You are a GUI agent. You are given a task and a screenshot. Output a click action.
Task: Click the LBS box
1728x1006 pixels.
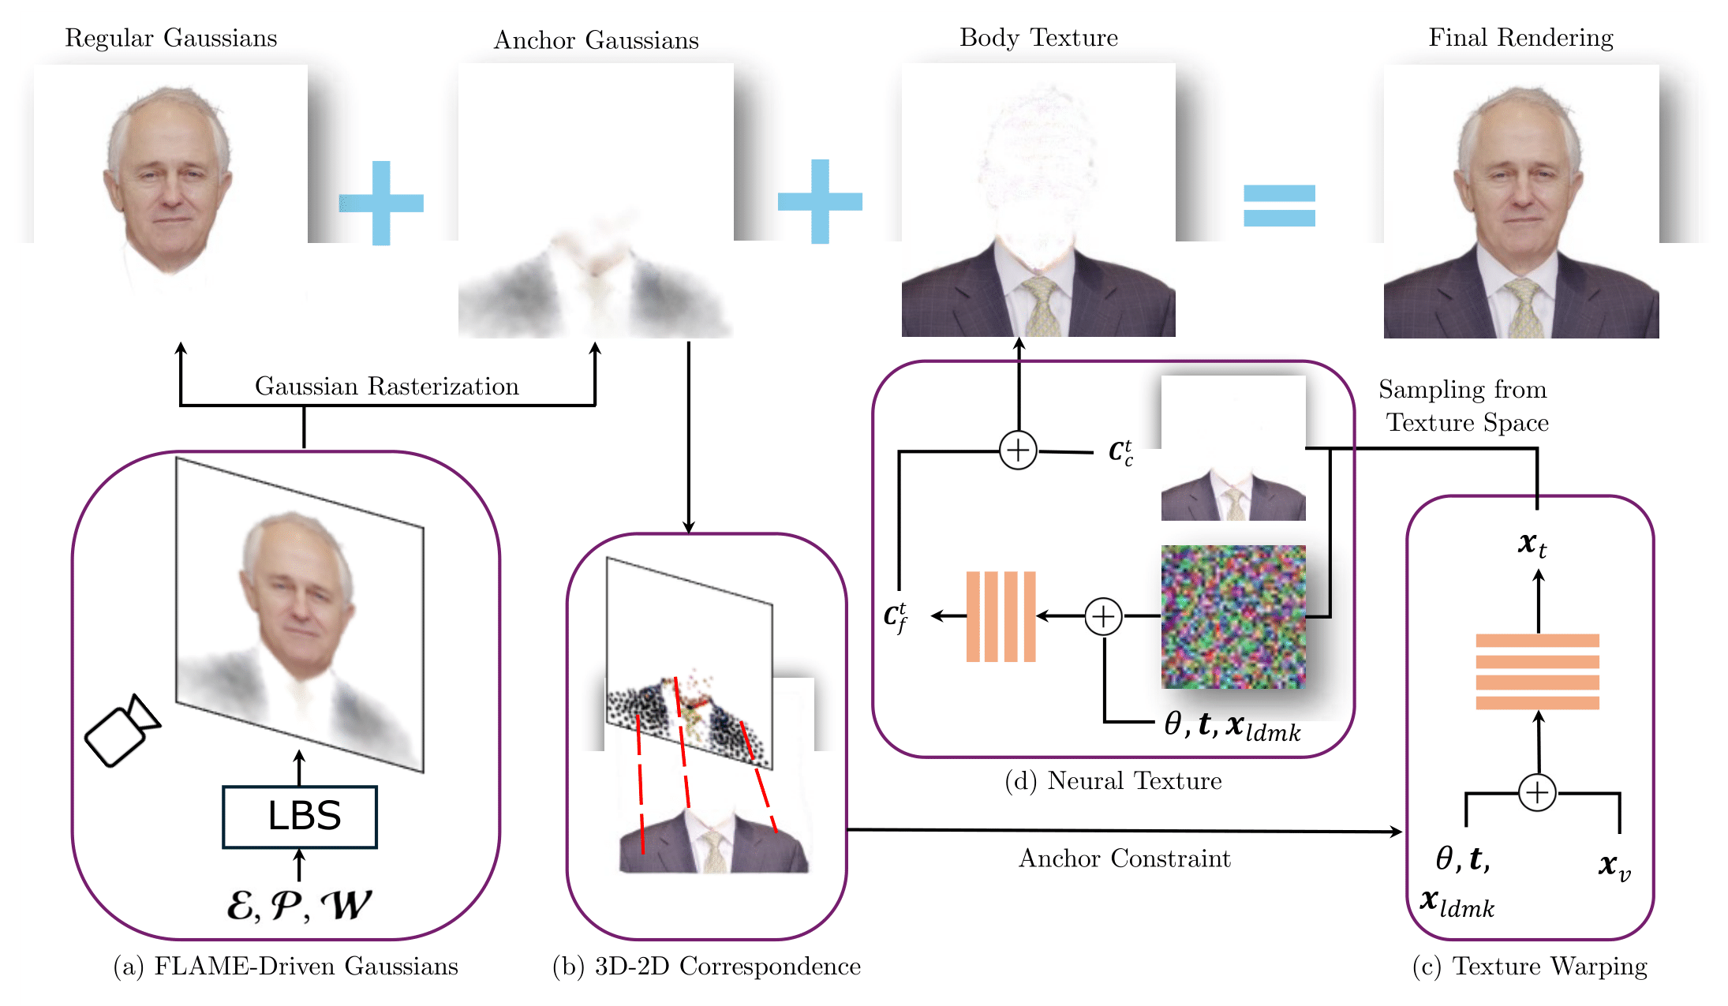click(x=300, y=817)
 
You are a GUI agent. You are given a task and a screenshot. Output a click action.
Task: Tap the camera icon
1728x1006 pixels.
click(x=122, y=731)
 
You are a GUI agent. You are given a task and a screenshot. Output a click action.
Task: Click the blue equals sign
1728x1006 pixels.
click(x=1279, y=205)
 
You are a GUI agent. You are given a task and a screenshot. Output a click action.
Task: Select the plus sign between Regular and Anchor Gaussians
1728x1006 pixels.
click(x=381, y=203)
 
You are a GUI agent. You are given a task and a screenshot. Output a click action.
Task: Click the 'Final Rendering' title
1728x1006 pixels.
click(x=1520, y=38)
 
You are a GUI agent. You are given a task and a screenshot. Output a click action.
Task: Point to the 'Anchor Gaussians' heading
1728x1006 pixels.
click(x=596, y=40)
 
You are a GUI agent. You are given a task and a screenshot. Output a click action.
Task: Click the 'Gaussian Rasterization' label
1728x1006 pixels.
click(x=387, y=387)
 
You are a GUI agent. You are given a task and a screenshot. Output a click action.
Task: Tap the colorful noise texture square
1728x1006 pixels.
click(x=1232, y=616)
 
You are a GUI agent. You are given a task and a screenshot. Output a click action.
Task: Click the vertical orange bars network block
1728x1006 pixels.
click(x=1001, y=616)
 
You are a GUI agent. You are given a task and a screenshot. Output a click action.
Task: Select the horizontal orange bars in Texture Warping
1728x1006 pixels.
click(x=1537, y=671)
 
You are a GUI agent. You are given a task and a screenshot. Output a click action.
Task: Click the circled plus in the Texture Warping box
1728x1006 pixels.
click(x=1537, y=792)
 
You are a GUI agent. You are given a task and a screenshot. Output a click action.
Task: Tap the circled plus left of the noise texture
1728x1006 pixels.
click(x=1103, y=616)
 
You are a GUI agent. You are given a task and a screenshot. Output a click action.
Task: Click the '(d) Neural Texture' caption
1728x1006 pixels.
click(x=1113, y=781)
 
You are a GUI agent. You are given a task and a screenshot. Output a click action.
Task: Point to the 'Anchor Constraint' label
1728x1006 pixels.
click(x=1124, y=858)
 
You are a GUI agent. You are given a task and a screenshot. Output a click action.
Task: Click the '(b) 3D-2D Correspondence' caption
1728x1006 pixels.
click(x=706, y=967)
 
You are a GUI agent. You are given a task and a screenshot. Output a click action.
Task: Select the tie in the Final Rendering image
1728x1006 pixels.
click(x=1524, y=307)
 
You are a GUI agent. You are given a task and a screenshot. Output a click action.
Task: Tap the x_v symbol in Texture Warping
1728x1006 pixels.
click(x=1614, y=866)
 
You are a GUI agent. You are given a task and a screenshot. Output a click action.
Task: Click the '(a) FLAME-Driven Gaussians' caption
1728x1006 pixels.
click(x=285, y=967)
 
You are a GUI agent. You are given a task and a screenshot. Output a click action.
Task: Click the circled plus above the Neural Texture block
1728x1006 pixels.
click(x=1018, y=451)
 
